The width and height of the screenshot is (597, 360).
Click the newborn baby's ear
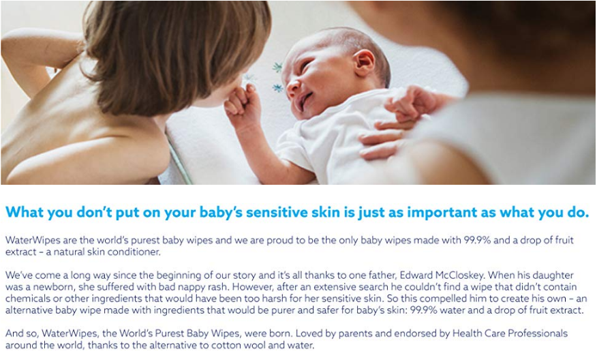pos(364,63)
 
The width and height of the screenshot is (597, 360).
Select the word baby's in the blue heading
pos(221,212)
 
